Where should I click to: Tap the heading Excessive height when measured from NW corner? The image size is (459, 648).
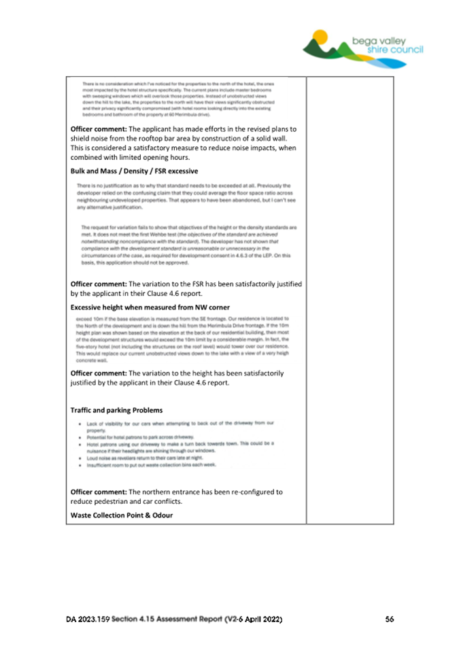click(150, 307)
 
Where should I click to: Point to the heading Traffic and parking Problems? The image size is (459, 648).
click(117, 410)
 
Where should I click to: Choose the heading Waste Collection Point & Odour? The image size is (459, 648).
click(122, 515)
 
